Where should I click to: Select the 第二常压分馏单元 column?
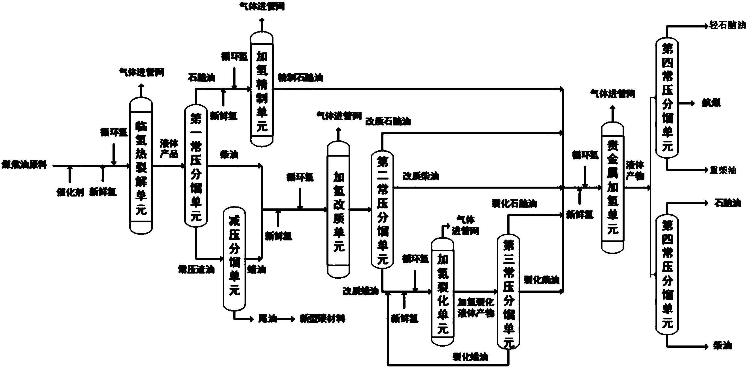coord(382,210)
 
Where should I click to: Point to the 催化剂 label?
coord(70,192)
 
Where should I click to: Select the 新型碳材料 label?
coord(322,319)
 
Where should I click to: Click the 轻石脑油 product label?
coord(727,25)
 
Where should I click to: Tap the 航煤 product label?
coord(711,103)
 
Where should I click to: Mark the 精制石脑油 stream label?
coord(300,78)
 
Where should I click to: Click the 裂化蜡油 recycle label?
coord(470,357)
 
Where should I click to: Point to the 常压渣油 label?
coord(196,270)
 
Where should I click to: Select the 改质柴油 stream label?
coord(421,176)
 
